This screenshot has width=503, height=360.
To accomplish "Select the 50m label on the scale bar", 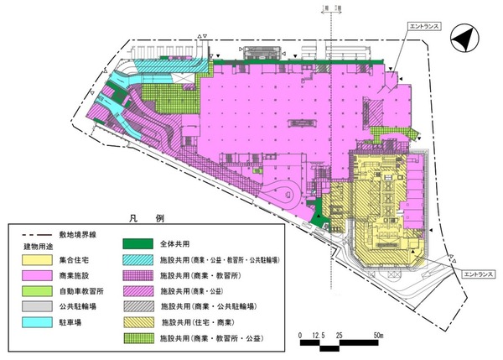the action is coord(379,335).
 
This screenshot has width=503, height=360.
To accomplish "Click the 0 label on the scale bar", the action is coord(300,335).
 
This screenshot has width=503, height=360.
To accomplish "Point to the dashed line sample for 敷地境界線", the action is coord(34,230).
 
